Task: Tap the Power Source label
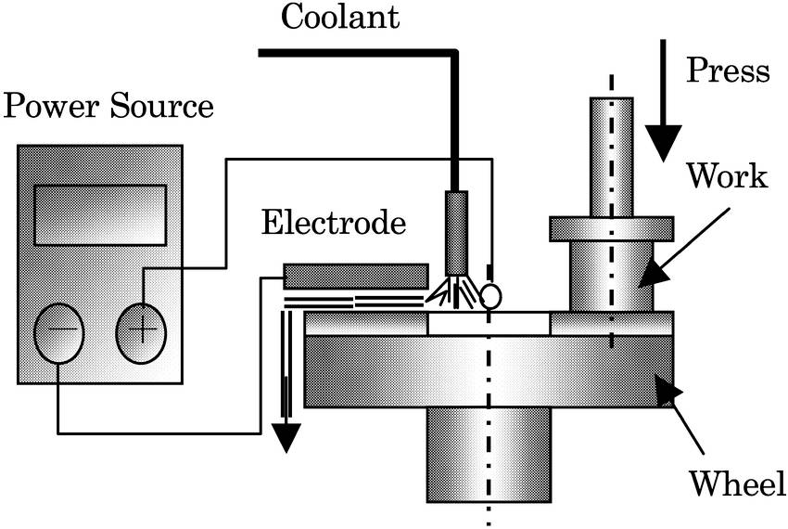point(108,107)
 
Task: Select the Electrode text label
point(334,223)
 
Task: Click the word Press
point(728,71)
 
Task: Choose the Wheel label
point(737,484)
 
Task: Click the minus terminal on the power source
point(58,333)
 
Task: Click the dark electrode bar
point(356,276)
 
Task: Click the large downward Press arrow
point(665,121)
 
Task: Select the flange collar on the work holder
point(611,226)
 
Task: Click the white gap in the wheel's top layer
point(489,324)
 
